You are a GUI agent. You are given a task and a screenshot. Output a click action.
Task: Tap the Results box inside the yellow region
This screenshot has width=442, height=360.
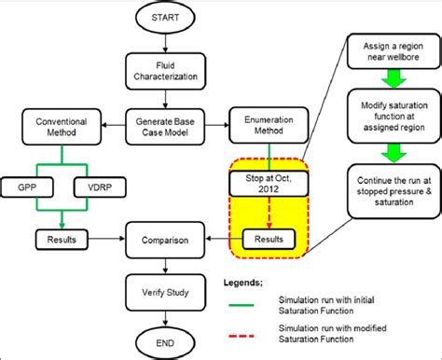pos(269,240)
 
